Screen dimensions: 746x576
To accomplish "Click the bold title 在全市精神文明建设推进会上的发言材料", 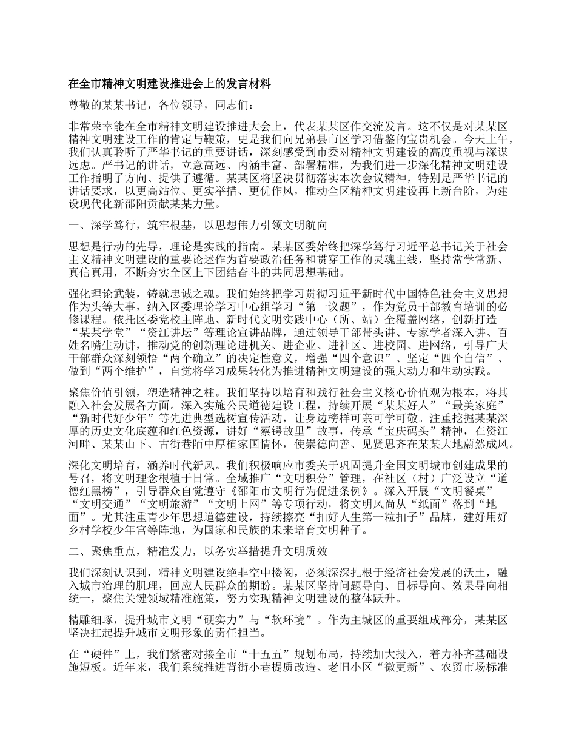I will (x=169, y=83).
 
